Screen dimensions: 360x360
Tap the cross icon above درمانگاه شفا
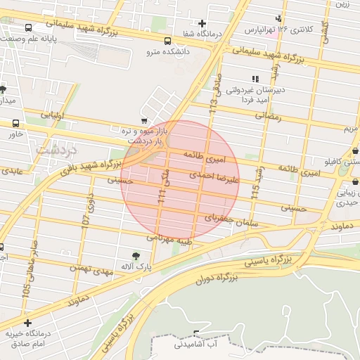pos(202,23)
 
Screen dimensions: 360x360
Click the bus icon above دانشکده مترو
pos(167,41)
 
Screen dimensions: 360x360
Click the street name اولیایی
pos(52,115)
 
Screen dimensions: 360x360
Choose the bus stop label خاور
pos(15,134)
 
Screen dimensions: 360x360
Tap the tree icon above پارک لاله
pos(135,255)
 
